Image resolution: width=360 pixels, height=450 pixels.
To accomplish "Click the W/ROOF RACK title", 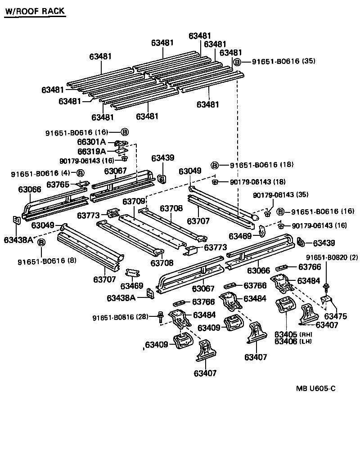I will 35,11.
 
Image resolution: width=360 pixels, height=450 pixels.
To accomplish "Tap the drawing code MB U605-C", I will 315,389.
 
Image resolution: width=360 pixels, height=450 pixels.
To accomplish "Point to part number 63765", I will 58,184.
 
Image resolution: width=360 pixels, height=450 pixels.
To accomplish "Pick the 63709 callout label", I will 134,201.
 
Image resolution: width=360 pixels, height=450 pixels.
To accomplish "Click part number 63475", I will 336,316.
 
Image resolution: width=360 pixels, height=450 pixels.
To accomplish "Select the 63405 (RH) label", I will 293,334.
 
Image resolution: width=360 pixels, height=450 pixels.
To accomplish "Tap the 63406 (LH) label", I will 293,341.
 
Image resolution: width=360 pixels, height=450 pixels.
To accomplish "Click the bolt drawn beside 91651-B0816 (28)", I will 161,317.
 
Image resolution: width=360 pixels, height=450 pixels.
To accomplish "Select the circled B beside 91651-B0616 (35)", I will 237,63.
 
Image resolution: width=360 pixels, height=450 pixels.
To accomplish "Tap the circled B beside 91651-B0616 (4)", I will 80,173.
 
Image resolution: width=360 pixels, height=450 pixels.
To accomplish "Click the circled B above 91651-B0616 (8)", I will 41,243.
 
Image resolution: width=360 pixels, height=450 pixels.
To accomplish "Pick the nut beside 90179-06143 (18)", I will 215,181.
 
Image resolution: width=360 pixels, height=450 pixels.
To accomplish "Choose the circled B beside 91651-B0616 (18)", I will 215,165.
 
